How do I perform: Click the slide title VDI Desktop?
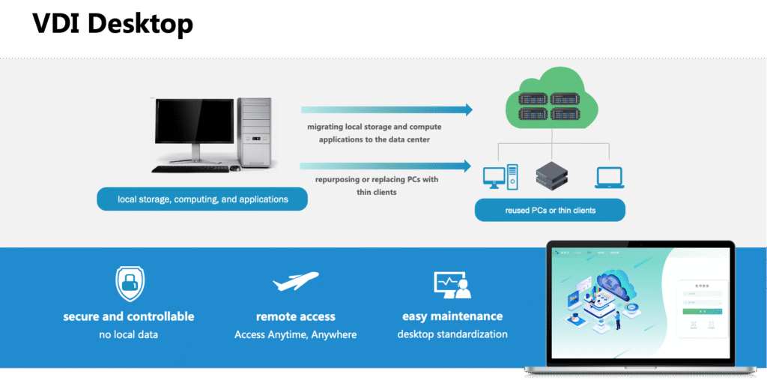pos(112,24)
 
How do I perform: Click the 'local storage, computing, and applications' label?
pos(202,199)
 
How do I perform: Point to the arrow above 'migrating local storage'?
pos(386,110)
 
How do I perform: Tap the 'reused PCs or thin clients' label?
pos(550,211)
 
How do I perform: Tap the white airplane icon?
pos(295,283)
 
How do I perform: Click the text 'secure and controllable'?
pos(129,316)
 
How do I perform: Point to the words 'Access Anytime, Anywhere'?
pos(295,334)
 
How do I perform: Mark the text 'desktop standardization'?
pos(452,334)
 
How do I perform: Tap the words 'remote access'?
pos(295,316)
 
